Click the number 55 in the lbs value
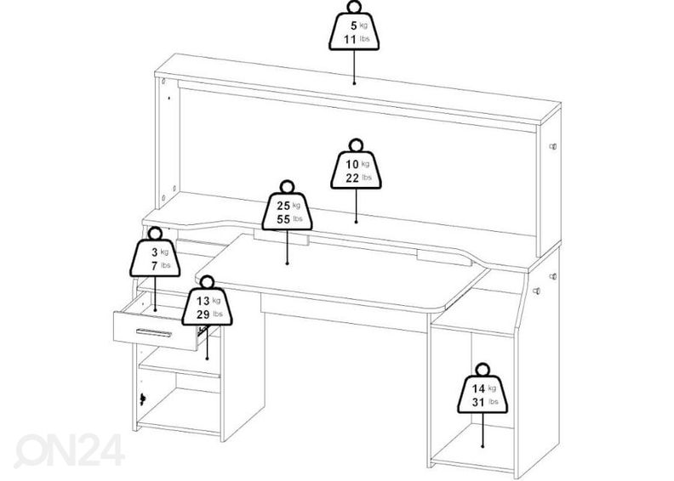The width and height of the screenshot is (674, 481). tap(283, 219)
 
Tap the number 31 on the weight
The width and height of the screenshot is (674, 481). tap(478, 403)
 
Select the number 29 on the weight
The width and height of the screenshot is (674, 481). tap(203, 314)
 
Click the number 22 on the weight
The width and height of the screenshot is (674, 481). tap(352, 178)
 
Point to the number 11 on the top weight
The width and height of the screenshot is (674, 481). tap(350, 39)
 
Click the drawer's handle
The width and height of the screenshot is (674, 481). tap(153, 332)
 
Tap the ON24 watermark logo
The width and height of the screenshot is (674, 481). tap(69, 450)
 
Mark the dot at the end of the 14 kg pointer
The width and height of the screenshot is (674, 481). tap(483, 446)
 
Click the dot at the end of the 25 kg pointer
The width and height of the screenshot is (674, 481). tap(287, 263)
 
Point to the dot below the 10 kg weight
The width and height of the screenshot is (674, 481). tap(356, 222)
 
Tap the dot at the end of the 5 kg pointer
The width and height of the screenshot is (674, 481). tap(354, 82)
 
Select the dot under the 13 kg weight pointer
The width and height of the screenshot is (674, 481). tap(207, 359)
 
